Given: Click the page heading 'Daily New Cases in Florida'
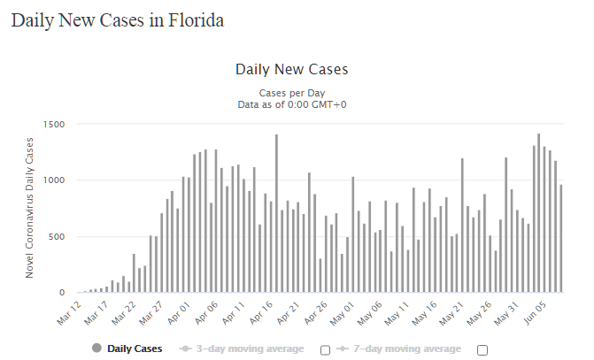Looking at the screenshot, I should pyautogui.click(x=117, y=20).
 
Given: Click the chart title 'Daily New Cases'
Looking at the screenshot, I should pyautogui.click(x=291, y=69).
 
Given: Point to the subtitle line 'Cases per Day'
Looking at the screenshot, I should pyautogui.click(x=291, y=92).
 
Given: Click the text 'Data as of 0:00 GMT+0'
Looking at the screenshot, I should pyautogui.click(x=291, y=103).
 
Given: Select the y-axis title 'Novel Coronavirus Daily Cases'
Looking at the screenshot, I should pyautogui.click(x=29, y=208).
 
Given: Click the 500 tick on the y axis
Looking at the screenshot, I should pyautogui.click(x=57, y=236).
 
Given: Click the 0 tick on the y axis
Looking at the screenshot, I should pyautogui.click(x=63, y=293).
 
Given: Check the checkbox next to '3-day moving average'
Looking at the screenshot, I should pyautogui.click(x=325, y=349).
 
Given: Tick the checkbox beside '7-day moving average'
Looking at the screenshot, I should pyautogui.click(x=482, y=349).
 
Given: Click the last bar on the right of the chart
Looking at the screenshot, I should pyautogui.click(x=560, y=238).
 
